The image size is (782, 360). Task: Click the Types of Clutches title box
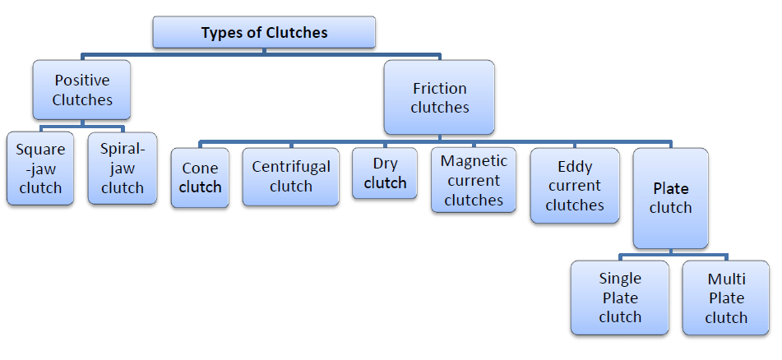tap(264, 33)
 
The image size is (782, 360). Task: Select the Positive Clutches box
tap(81, 90)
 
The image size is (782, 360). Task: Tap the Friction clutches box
tap(439, 98)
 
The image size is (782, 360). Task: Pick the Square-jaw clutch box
tap(40, 168)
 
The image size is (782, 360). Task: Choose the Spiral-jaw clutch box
tap(122, 168)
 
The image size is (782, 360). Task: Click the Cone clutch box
tap(200, 178)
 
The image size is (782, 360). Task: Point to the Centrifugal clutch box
tap(291, 177)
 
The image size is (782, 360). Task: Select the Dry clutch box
tap(385, 173)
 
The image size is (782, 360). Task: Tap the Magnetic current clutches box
tap(474, 181)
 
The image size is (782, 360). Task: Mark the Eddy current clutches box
tap(574, 186)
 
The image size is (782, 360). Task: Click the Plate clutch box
tap(670, 198)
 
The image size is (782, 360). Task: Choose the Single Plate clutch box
tap(619, 298)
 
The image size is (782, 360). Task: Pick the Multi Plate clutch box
tap(726, 298)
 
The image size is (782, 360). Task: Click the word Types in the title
tap(222, 33)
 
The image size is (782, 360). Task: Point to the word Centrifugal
tap(291, 167)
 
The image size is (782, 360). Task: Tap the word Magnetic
tap(474, 161)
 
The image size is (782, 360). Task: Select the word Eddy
tap(574, 167)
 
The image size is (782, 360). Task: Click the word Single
tap(619, 279)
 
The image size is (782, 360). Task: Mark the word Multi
tap(726, 279)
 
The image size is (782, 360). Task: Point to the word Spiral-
tap(122, 150)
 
